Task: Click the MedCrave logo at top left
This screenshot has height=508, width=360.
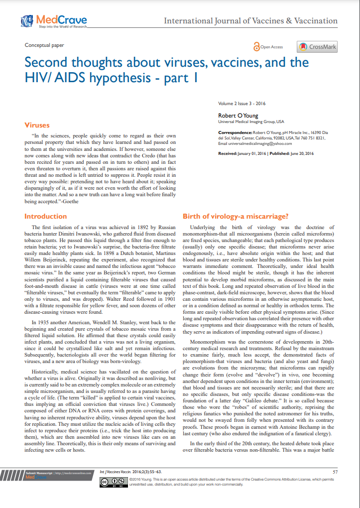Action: (x=54, y=21)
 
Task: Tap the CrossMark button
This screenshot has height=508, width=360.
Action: (x=318, y=47)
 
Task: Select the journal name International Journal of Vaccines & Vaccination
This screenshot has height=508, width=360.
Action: (x=250, y=21)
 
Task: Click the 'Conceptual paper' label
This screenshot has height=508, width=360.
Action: (x=44, y=45)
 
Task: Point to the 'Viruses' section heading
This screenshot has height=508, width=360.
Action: (x=37, y=125)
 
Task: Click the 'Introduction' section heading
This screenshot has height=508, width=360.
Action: (x=45, y=216)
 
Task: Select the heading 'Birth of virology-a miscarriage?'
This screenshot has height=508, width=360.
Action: (x=235, y=216)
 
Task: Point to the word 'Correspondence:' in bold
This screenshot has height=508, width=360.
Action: (x=235, y=132)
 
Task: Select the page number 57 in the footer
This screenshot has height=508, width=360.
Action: (x=335, y=471)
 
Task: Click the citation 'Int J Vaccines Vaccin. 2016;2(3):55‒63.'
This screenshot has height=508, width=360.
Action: (x=130, y=471)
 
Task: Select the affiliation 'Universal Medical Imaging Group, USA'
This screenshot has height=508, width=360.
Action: (x=251, y=122)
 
